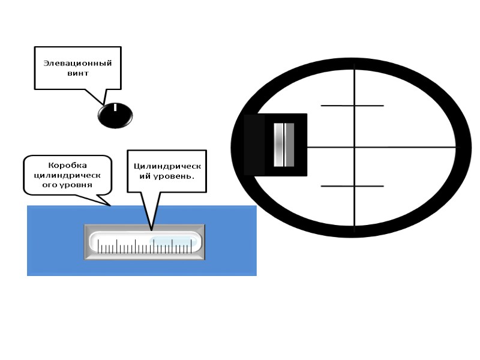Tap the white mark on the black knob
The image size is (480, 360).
tap(115, 108)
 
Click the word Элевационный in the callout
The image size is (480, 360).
tap(77, 63)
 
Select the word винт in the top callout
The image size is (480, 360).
tap(77, 73)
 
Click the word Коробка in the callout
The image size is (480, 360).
tap(67, 165)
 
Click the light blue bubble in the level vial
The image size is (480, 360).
tap(173, 241)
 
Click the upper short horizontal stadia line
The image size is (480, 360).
tap(352, 106)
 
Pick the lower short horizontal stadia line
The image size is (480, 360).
tap(352, 186)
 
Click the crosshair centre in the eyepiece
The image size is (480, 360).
tap(355, 146)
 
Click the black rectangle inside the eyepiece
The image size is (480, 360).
tap(255, 145)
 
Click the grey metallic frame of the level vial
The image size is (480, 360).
tap(144, 227)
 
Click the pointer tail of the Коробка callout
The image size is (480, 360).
tap(110, 204)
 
